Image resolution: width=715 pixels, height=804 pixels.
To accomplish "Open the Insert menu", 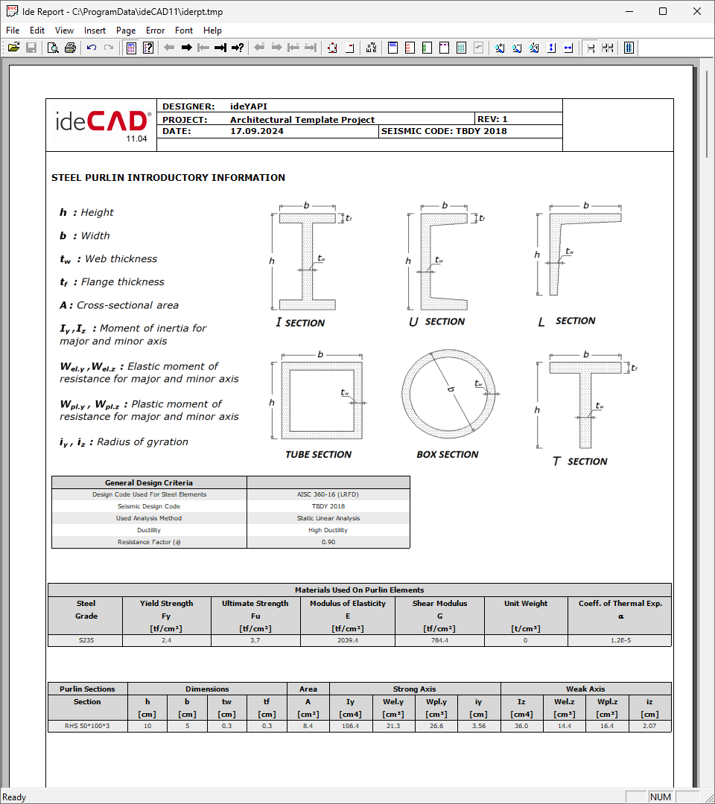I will tap(95, 31).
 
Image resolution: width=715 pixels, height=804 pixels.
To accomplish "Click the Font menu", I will tap(184, 31).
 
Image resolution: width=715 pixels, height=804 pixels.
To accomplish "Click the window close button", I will tap(697, 11).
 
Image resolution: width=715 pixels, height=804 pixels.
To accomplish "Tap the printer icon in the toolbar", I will tap(70, 48).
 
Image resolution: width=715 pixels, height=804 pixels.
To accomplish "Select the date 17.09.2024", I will tap(257, 131).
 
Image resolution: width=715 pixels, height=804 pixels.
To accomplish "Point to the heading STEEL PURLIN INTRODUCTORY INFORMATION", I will tap(168, 178).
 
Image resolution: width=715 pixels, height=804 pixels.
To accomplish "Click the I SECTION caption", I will tap(300, 322).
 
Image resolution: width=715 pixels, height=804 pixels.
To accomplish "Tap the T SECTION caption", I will tap(579, 462).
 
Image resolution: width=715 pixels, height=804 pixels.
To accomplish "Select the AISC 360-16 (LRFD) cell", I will tap(328, 494).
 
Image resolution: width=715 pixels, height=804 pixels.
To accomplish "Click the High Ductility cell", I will tap(328, 530).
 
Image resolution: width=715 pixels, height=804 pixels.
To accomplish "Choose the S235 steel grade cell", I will tap(86, 640).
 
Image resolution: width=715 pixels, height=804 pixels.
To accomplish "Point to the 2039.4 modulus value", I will tap(347, 640).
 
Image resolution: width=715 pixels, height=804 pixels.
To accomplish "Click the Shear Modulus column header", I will tap(439, 604).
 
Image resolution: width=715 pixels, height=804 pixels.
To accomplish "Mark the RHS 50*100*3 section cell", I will tap(87, 726).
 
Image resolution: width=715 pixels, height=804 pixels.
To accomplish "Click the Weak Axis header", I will tap(585, 689).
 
